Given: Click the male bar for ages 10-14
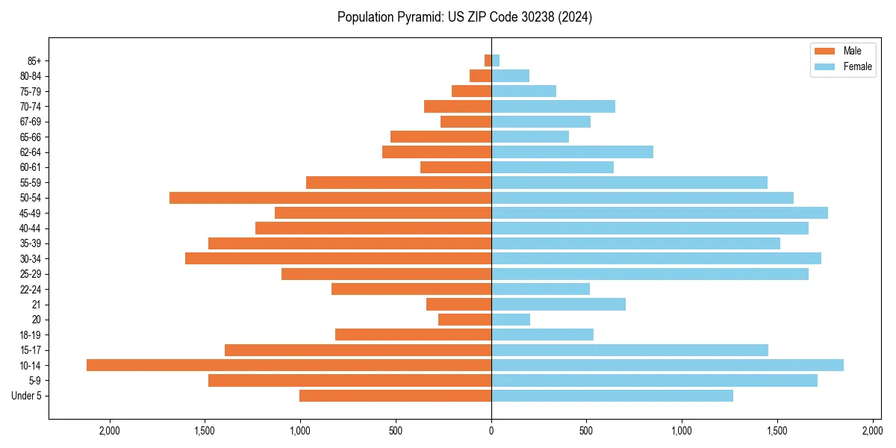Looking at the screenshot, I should pos(289,365).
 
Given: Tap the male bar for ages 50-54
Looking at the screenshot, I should pos(330,198).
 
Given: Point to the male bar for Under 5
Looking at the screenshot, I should pos(395,396).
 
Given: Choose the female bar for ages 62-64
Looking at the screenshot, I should pos(572,152).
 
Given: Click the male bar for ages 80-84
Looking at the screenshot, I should pos(480,76).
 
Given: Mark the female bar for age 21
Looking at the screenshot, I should pos(559,305).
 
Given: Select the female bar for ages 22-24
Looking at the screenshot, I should pos(541,289).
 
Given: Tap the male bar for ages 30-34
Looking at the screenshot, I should pos(338,258).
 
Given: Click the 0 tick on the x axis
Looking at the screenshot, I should pos(491,431).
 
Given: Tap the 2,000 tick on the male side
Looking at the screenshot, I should pos(110,431).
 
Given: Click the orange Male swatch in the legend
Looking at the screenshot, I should pos(824,51).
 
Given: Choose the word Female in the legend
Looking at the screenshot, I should pos(858,66).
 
